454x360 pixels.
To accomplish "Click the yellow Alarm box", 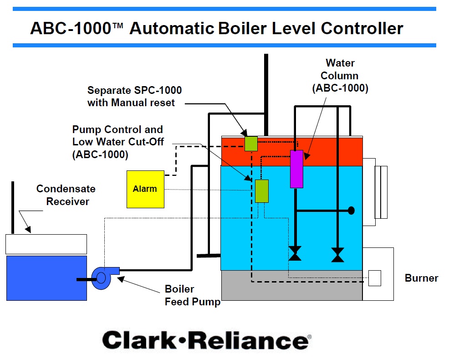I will click(145, 189).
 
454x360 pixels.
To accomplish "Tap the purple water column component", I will click(296, 169).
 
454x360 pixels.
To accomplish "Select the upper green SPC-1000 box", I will click(251, 143).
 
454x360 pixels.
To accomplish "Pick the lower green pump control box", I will click(261, 191).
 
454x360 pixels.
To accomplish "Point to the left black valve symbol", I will click(295, 254).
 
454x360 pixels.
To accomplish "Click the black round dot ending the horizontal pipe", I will click(351, 211).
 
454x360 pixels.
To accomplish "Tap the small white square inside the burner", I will click(374, 278).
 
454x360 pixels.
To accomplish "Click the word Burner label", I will click(421, 278).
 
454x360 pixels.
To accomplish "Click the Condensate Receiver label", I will click(66, 195).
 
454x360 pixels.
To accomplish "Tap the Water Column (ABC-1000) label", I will click(340, 76).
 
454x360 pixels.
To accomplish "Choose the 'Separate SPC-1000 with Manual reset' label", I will click(134, 96).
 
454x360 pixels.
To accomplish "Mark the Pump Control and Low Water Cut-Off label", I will click(117, 142).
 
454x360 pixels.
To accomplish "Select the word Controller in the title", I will click(362, 28).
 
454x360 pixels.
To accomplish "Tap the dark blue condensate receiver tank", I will click(46, 278).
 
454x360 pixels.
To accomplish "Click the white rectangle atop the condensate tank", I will click(46, 244).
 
